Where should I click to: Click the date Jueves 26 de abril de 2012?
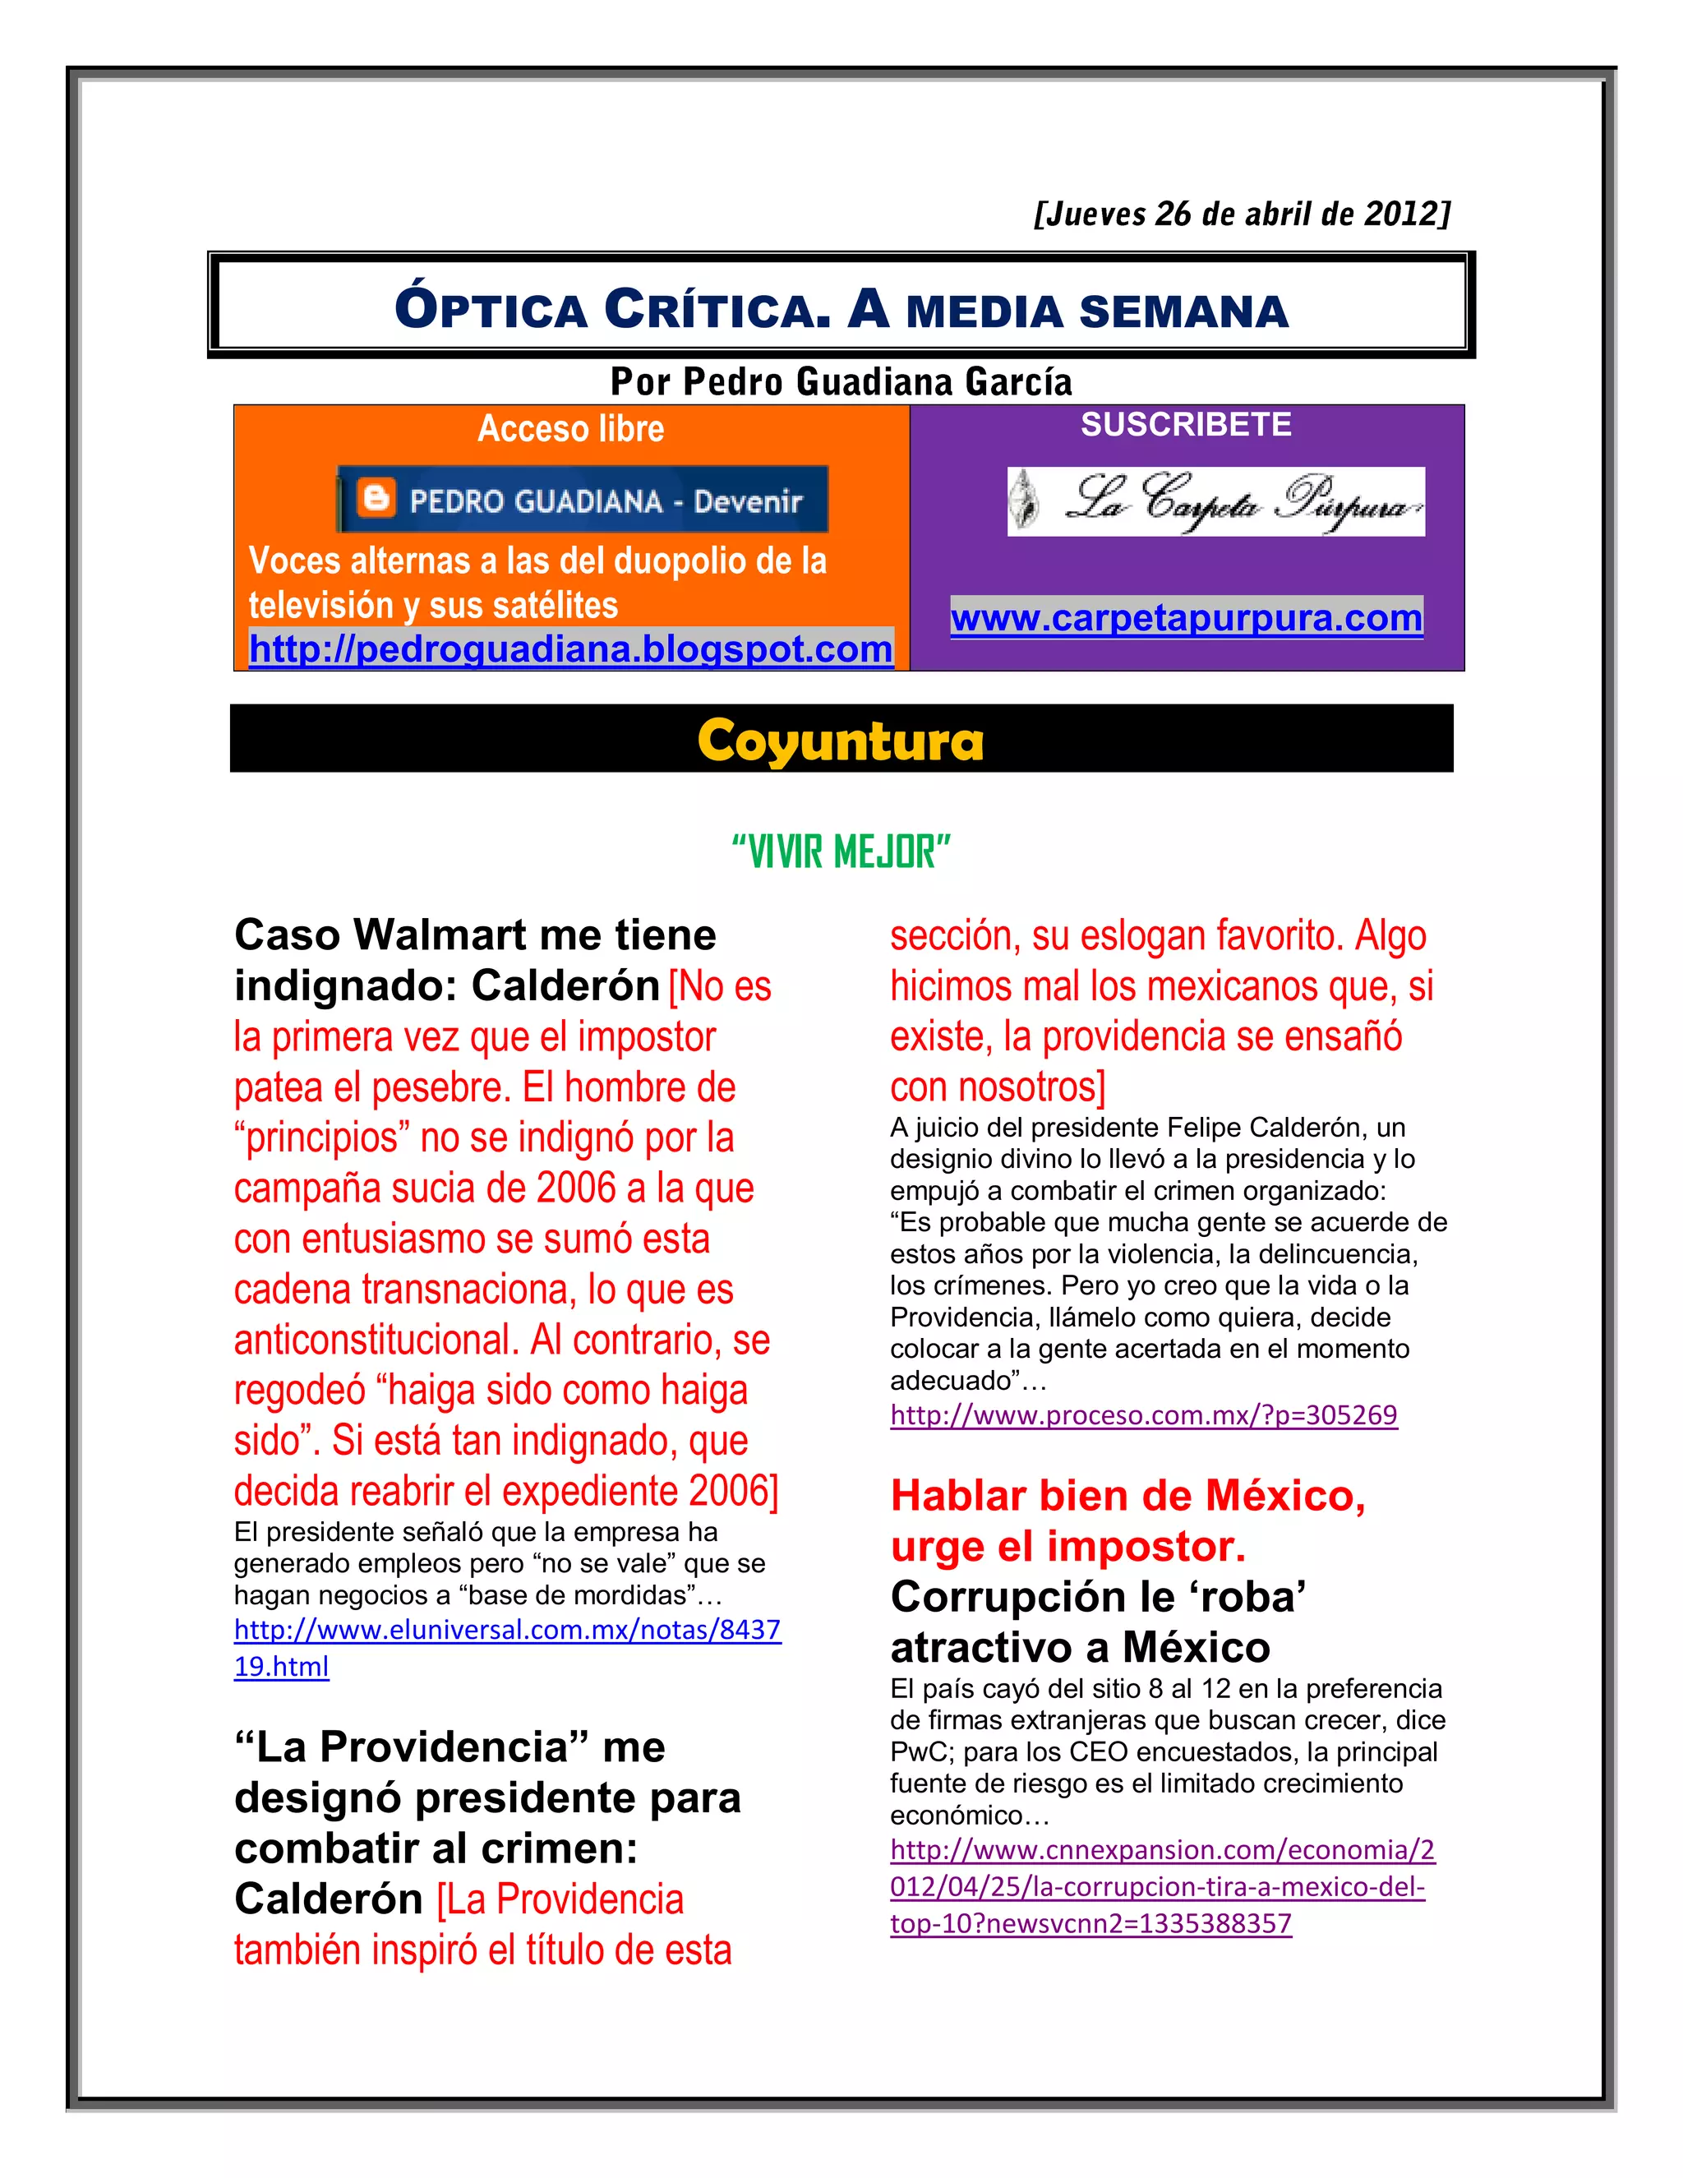click(x=1243, y=215)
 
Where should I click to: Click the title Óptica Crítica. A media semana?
click(x=841, y=309)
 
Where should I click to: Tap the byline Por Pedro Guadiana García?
click(x=841, y=382)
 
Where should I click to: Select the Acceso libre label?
click(x=570, y=429)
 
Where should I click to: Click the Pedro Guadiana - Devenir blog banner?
click(x=583, y=499)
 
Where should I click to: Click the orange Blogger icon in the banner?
click(x=376, y=497)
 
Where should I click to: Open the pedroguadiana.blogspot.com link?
click(x=570, y=649)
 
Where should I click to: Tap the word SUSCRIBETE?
click(x=1186, y=425)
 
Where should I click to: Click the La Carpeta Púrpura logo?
click(x=1215, y=501)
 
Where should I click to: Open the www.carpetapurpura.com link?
click(x=1187, y=618)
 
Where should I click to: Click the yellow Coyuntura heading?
click(x=841, y=741)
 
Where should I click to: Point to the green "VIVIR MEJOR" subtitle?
click(x=841, y=852)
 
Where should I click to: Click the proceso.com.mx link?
click(x=1144, y=1415)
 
